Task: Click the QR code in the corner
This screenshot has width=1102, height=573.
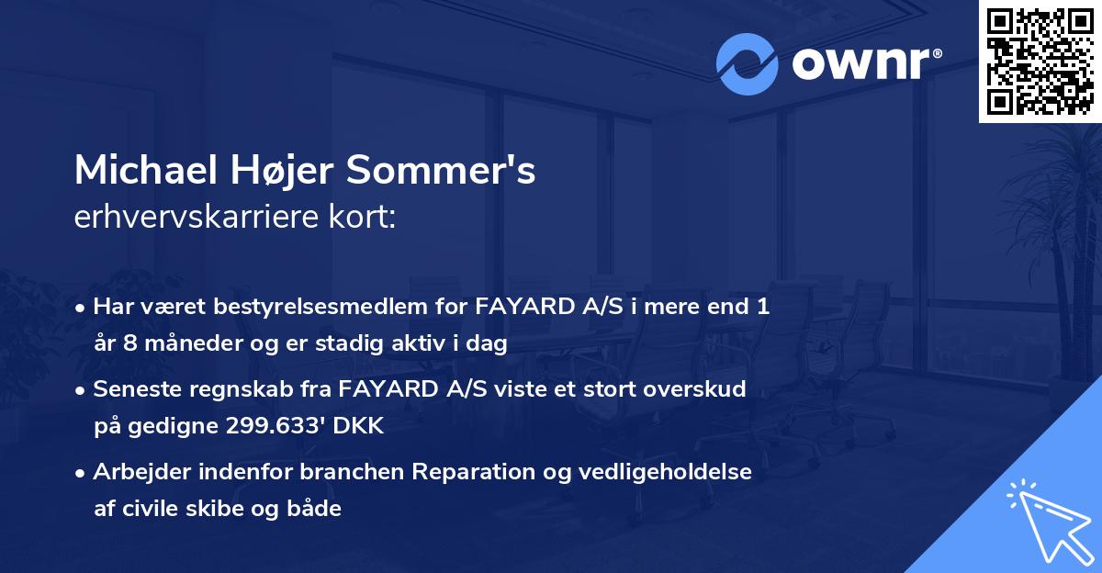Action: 1040,61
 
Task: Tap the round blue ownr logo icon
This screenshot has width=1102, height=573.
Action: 748,64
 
